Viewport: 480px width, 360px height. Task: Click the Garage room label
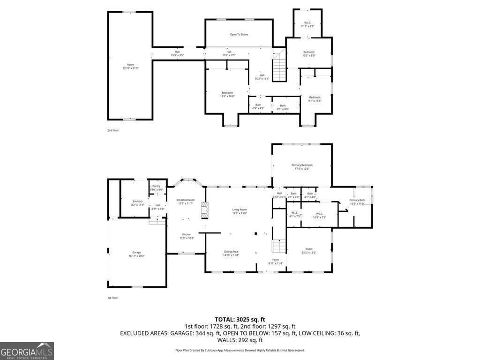[136, 252]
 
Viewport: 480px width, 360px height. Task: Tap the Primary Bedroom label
[302, 165]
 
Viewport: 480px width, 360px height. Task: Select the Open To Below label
[239, 34]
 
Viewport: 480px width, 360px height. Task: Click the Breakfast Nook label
[185, 200]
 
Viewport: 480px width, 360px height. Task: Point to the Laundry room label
[137, 201]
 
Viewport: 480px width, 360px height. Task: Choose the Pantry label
[157, 186]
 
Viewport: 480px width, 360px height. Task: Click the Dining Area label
[231, 252]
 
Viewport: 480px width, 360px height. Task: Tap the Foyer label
[276, 259]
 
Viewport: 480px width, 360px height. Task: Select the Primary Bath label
[357, 200]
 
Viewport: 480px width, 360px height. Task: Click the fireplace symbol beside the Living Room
[203, 210]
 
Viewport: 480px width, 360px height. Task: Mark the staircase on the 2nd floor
[279, 67]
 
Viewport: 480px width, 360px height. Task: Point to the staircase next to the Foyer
[279, 245]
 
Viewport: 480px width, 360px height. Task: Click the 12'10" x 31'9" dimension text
[130, 68]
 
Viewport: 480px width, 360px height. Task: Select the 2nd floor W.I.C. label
[307, 22]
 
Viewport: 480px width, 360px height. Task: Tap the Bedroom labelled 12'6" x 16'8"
[227, 93]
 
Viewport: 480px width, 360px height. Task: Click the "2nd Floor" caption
[113, 130]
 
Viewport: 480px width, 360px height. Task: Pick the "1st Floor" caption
[112, 298]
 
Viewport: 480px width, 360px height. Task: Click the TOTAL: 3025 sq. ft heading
[240, 319]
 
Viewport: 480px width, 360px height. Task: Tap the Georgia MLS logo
[27, 351]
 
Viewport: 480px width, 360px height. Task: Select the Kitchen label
[186, 234]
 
